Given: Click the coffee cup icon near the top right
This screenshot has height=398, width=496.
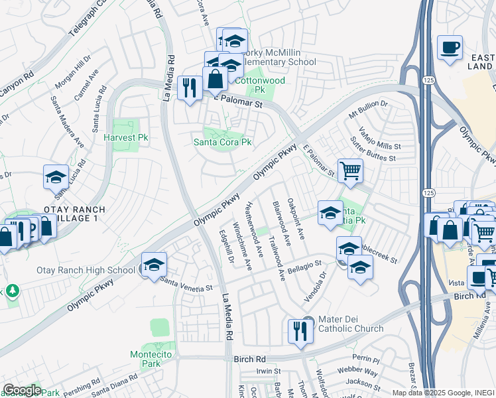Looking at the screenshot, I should click(450, 48).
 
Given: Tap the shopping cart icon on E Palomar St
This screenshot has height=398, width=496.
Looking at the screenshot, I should click(350, 170).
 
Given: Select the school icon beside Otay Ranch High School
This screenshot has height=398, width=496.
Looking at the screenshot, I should click(154, 265).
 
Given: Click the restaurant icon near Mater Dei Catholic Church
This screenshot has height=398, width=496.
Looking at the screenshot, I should click(300, 330).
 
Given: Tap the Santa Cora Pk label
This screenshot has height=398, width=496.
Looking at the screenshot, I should click(222, 142).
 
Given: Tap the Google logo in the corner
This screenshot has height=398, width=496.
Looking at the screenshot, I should click(22, 390).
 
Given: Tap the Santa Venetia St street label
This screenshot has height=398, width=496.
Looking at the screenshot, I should click(186, 285).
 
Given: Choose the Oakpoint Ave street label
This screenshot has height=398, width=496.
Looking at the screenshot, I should click(295, 218).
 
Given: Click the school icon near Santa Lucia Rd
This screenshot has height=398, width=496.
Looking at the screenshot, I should click(56, 177).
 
